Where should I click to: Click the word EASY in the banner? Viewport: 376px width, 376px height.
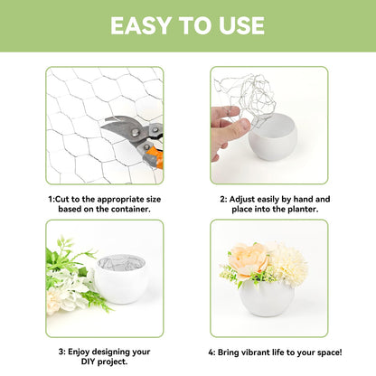[141, 25]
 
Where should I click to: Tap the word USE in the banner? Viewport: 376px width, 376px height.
[241, 25]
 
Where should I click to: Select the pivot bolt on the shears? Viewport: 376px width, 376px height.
[136, 132]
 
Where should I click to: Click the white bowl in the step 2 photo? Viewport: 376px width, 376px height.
[273, 137]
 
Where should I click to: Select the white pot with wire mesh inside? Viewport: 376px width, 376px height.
[121, 278]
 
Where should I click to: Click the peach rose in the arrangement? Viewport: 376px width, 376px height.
[249, 259]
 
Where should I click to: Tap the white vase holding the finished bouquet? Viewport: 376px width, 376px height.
[267, 297]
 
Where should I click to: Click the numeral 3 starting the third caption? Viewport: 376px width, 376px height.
[61, 352]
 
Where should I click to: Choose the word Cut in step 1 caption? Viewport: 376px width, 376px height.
[62, 200]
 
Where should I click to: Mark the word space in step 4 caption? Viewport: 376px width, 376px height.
[328, 352]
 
